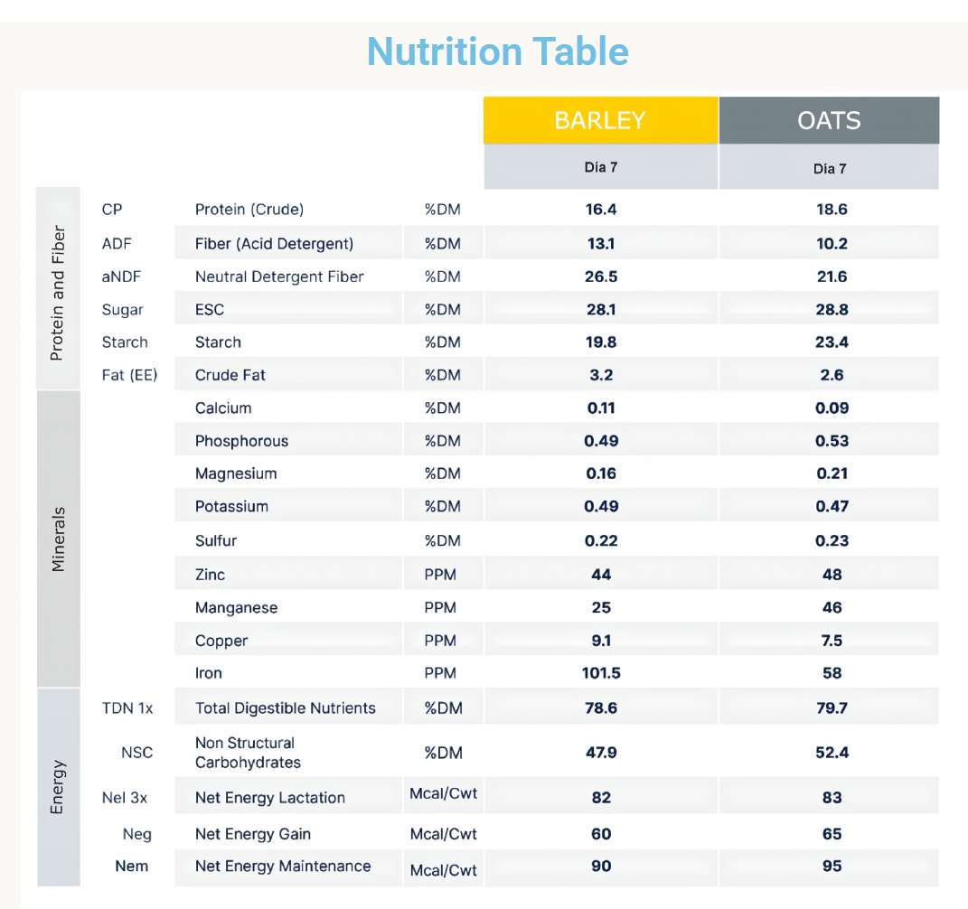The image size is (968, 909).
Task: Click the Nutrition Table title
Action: click(497, 52)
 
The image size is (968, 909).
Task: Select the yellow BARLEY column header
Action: click(600, 120)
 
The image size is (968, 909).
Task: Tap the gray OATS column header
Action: click(829, 120)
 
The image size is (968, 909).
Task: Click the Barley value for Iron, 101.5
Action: click(601, 673)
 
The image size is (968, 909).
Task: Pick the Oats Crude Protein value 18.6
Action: click(832, 210)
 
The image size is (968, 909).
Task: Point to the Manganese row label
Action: click(236, 608)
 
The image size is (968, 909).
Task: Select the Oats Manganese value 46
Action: click(832, 608)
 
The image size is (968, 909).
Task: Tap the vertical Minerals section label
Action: click(58, 539)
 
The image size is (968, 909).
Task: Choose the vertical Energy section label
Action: click(58, 786)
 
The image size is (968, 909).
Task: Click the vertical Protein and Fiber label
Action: click(58, 293)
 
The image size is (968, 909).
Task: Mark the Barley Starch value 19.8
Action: click(601, 342)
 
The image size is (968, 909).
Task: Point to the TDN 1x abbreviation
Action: click(127, 708)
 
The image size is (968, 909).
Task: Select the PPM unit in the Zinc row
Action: click(440, 575)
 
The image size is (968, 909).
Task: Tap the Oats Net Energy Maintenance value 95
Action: click(832, 867)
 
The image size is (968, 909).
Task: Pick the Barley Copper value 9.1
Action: click(601, 641)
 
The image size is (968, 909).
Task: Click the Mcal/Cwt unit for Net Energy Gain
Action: click(443, 834)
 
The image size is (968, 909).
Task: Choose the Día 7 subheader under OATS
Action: click(829, 169)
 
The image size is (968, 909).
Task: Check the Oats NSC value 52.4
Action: click(832, 753)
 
